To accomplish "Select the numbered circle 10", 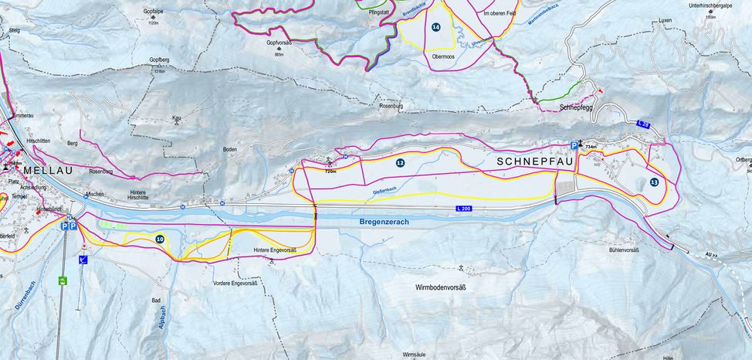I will (159, 239).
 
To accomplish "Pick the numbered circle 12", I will (400, 163).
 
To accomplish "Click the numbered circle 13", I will (654, 182).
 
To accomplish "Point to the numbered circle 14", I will (436, 27).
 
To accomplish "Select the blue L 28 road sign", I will (643, 124).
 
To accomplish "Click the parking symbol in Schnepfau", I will (574, 144).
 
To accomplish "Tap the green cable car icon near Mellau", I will (61, 281).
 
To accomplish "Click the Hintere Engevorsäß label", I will (276, 250).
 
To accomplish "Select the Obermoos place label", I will (443, 56).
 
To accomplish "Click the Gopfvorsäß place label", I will (279, 44).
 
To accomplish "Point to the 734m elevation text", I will (591, 147).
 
